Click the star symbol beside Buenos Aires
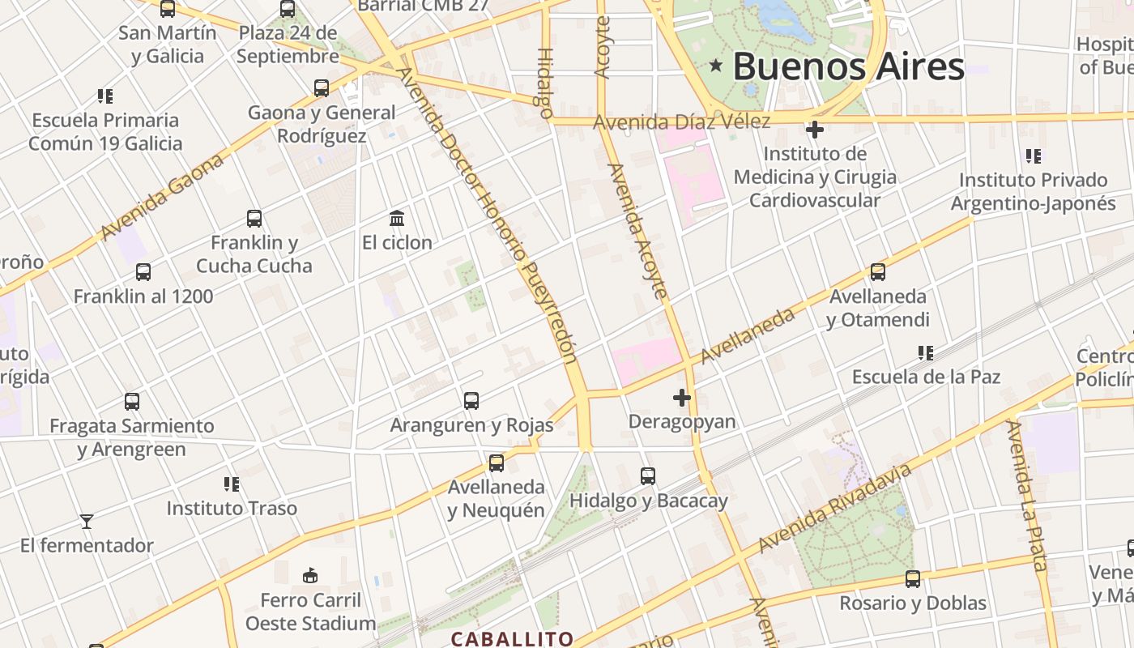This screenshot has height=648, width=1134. coord(715,66)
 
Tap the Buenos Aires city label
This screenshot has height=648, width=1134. coord(848,66)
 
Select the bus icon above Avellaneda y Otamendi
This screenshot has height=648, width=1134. coord(878,272)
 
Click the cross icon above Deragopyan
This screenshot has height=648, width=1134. coord(682,398)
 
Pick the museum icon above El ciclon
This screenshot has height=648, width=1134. coord(397,218)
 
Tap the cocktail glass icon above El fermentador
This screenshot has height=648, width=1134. coord(87,521)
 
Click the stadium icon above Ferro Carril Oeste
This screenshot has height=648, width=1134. coord(309,576)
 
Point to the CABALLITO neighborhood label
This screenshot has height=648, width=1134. coord(512,639)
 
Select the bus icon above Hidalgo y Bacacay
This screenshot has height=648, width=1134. coord(648,476)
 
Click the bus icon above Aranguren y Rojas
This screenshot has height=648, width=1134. coord(471,400)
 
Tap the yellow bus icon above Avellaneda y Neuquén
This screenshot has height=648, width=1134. coord(496,463)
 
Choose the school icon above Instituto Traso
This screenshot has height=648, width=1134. coord(232,484)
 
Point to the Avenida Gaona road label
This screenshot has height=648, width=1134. coord(162,197)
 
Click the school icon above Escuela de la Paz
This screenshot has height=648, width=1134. coord(926,352)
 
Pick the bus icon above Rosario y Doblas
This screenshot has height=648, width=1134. coord(913,579)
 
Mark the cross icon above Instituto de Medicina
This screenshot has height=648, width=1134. coord(815,130)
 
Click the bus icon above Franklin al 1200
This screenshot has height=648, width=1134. coord(143,272)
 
